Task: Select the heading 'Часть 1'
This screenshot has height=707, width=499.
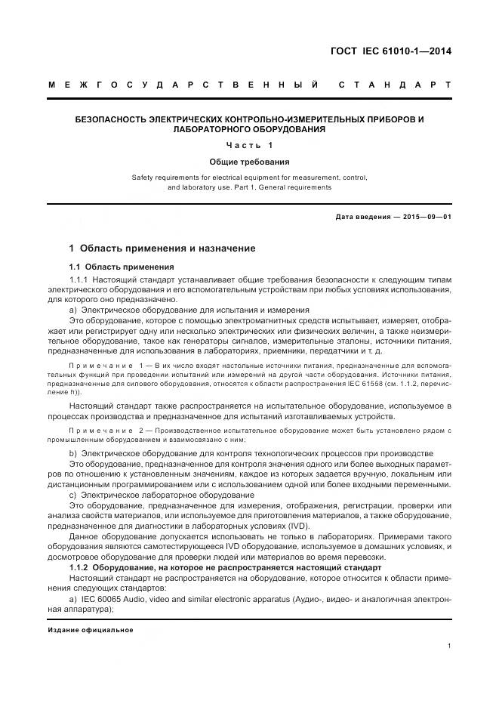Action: pyautogui.click(x=249, y=145)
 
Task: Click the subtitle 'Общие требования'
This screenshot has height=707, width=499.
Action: pyautogui.click(x=249, y=162)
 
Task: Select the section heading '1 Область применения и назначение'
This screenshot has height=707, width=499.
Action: pyautogui.click(x=162, y=248)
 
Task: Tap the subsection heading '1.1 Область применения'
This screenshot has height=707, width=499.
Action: pyautogui.click(x=121, y=267)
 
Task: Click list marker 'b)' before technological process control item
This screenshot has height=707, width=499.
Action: pyautogui.click(x=73, y=452)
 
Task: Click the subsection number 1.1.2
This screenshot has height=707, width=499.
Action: pyautogui.click(x=80, y=567)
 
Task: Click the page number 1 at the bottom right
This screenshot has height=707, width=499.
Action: pyautogui.click(x=448, y=645)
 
